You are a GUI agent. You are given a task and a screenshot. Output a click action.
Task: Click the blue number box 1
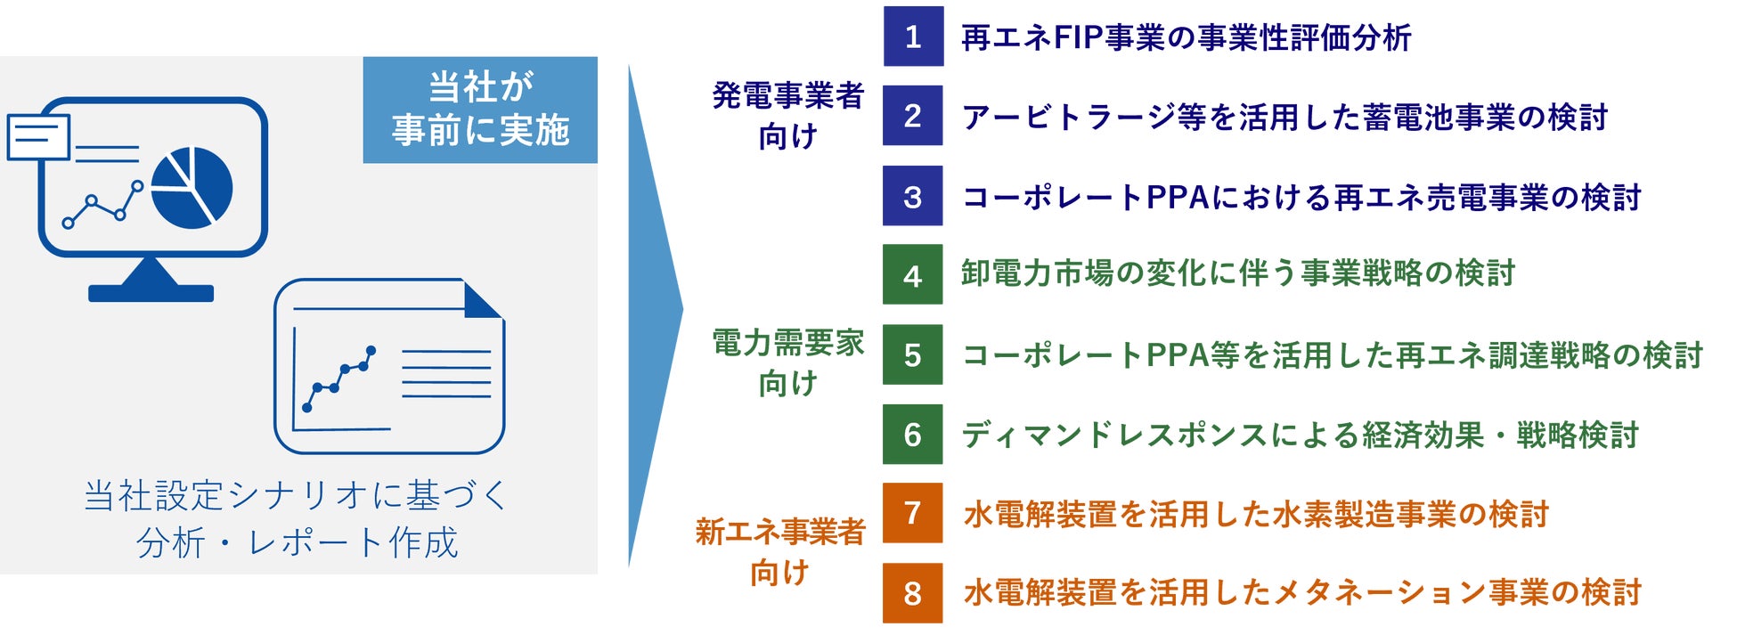[912, 37]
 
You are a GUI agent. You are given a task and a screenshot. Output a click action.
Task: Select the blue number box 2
[912, 116]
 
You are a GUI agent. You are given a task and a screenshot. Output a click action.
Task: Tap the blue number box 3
[912, 196]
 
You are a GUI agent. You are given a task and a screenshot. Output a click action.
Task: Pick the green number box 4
[912, 275]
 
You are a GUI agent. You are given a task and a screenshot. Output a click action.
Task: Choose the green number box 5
[912, 354]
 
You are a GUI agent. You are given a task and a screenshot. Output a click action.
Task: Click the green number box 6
[912, 434]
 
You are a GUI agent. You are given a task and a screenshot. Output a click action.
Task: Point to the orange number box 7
[912, 513]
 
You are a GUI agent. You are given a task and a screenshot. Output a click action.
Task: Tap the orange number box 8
[912, 592]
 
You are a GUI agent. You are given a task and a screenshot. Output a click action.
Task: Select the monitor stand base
[151, 293]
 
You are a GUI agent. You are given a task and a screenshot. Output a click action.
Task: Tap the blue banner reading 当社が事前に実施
[480, 110]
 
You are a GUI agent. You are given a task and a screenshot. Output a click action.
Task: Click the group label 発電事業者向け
[787, 115]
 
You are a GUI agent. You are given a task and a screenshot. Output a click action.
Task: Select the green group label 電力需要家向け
[787, 362]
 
